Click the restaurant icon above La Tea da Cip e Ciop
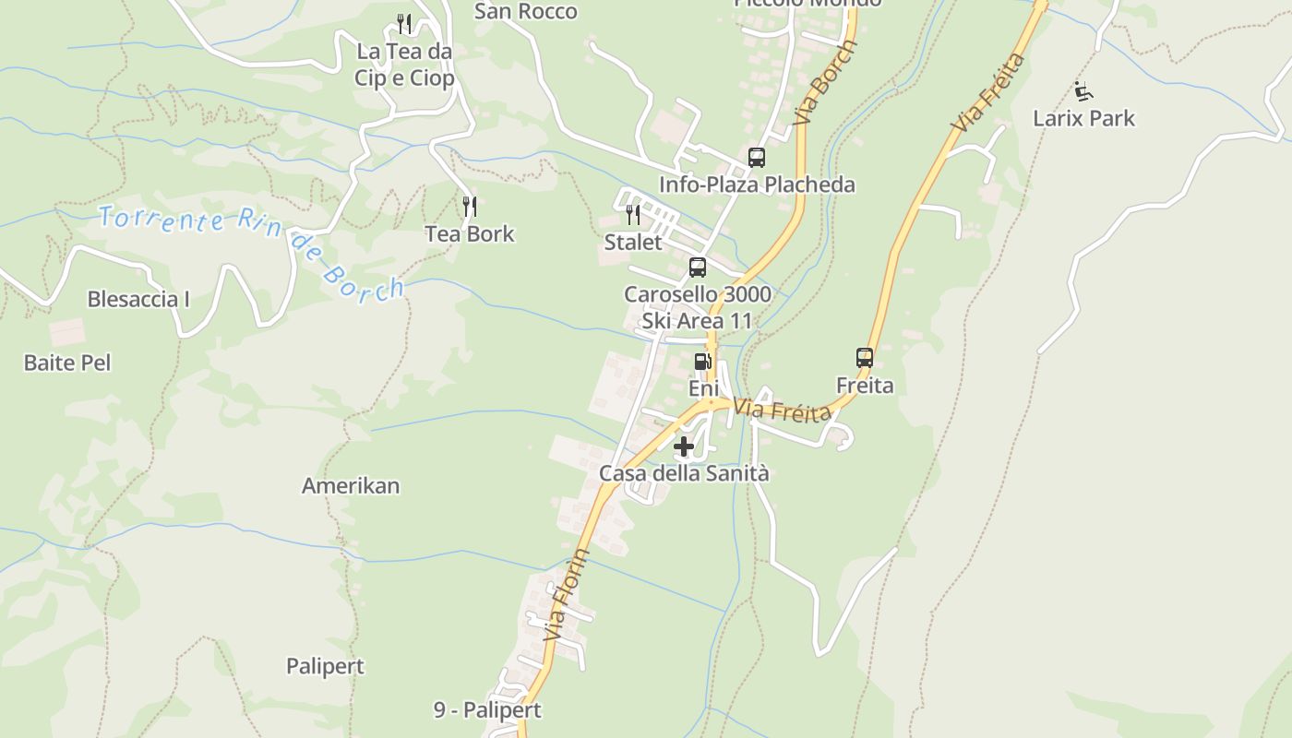403,23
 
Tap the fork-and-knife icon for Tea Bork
470,206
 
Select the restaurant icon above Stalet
633,215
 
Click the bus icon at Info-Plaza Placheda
757,158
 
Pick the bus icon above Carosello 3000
698,268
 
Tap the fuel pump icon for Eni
702,362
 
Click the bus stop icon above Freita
865,357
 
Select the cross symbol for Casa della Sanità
684,447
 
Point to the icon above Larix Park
1083,91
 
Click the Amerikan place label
351,486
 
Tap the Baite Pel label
67,363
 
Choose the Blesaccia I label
138,299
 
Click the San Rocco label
526,11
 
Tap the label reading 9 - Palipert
487,710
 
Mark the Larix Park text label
1083,118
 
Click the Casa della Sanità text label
684,473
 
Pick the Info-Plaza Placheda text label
757,184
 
